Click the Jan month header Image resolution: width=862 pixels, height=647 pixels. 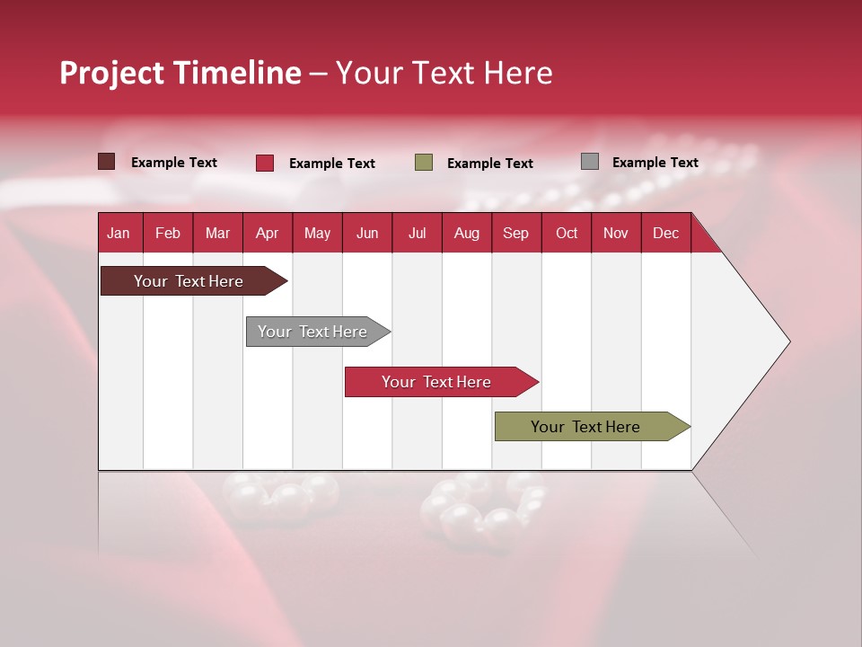(x=119, y=233)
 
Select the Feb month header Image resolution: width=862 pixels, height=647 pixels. (x=168, y=233)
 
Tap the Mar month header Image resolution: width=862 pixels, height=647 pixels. (x=217, y=233)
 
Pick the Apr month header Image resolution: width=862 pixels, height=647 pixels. (x=268, y=233)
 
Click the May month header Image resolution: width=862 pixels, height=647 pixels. (x=317, y=233)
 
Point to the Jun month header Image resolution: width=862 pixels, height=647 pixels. (x=367, y=233)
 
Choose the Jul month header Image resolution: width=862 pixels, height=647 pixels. (x=417, y=233)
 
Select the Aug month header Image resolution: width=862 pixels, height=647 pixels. (x=467, y=233)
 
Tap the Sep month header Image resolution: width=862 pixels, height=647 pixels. (x=516, y=233)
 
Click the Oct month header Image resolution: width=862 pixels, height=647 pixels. (x=567, y=233)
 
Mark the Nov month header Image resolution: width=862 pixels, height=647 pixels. (x=616, y=233)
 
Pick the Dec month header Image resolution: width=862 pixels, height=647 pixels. (x=666, y=233)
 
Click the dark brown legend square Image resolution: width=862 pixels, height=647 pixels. (x=107, y=162)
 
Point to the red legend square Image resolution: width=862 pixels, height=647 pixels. (x=265, y=163)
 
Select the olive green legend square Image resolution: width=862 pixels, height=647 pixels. (x=424, y=163)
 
